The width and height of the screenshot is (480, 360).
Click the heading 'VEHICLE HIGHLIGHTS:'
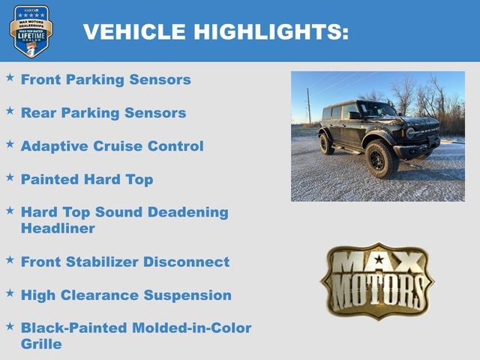pos(215,32)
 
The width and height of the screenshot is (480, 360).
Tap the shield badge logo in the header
pos(31,31)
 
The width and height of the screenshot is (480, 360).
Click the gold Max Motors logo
pos(377,280)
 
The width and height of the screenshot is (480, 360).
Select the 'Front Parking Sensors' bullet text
pos(106,79)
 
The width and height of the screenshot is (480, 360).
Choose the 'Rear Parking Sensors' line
pos(103,113)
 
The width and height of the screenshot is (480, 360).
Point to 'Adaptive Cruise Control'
pos(112,146)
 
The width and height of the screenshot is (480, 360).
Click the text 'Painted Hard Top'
pos(87,179)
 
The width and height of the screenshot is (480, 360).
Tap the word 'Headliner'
pos(58,229)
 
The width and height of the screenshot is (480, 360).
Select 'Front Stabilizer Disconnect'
pos(125,262)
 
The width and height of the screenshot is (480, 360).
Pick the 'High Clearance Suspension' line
pos(126,295)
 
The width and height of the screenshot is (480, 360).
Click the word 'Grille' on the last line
pos(41,344)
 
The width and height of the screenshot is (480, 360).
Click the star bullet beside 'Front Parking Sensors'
pos(10,77)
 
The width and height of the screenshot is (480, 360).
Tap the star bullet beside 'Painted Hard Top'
pos(10,177)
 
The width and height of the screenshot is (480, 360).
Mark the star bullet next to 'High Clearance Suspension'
pos(10,292)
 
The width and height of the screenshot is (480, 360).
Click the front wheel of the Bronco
pos(381,160)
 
